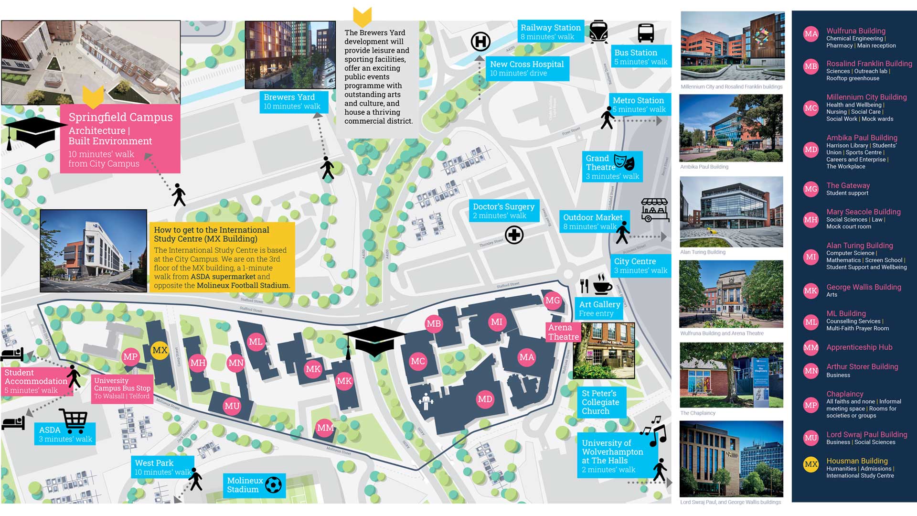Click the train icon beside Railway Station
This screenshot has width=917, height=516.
598,32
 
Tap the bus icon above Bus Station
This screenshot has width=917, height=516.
646,33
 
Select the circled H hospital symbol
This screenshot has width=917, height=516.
480,42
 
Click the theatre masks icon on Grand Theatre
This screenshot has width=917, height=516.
624,162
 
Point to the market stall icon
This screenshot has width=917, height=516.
655,210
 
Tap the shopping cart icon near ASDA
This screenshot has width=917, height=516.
74,421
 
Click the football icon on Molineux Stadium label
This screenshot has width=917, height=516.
273,485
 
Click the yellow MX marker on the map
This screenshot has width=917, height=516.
160,350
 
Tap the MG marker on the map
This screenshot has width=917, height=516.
553,301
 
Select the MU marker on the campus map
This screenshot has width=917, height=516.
232,406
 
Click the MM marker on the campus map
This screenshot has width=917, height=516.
325,428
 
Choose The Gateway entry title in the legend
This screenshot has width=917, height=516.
848,185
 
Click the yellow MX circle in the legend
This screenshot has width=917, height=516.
811,464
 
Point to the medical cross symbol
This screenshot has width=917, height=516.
514,235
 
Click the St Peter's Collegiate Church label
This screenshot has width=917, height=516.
600,402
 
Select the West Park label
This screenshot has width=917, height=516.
154,463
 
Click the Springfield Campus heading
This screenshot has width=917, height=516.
120,117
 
